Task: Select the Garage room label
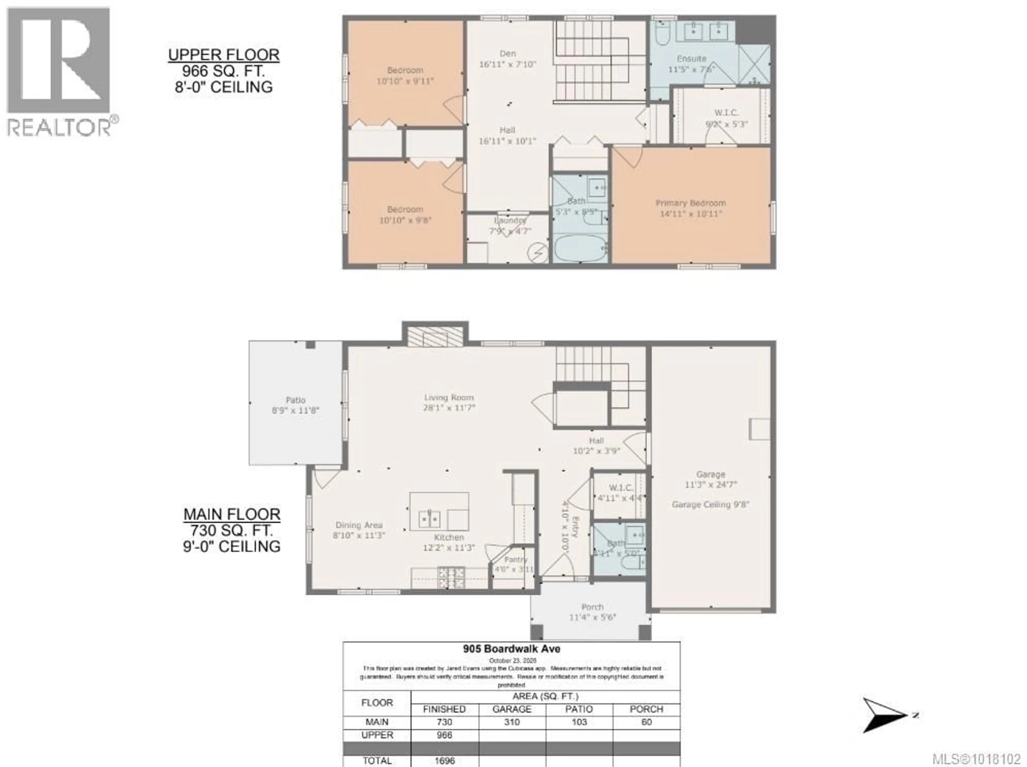click(710, 474)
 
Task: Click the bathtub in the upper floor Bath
click(580, 248)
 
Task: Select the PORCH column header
click(646, 709)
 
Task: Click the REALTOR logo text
click(59, 127)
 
